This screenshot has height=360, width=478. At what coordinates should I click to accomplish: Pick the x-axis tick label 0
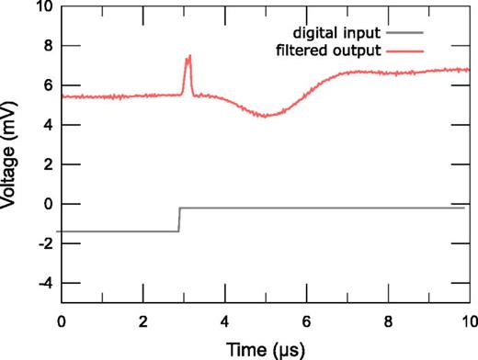[x=62, y=321]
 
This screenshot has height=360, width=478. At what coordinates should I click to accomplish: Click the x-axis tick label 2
[x=143, y=321]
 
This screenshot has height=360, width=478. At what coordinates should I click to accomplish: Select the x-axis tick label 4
[x=224, y=321]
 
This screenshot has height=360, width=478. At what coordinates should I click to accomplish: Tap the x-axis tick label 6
[x=306, y=321]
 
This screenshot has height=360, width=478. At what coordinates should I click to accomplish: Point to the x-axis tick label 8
[x=387, y=321]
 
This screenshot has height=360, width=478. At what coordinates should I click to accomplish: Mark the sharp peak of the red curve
[x=188, y=57]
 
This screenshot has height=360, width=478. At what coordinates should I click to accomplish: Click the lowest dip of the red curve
[x=266, y=116]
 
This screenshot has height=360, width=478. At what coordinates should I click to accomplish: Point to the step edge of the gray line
[x=178, y=219]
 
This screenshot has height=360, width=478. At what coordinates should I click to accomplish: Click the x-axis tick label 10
[x=468, y=321]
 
